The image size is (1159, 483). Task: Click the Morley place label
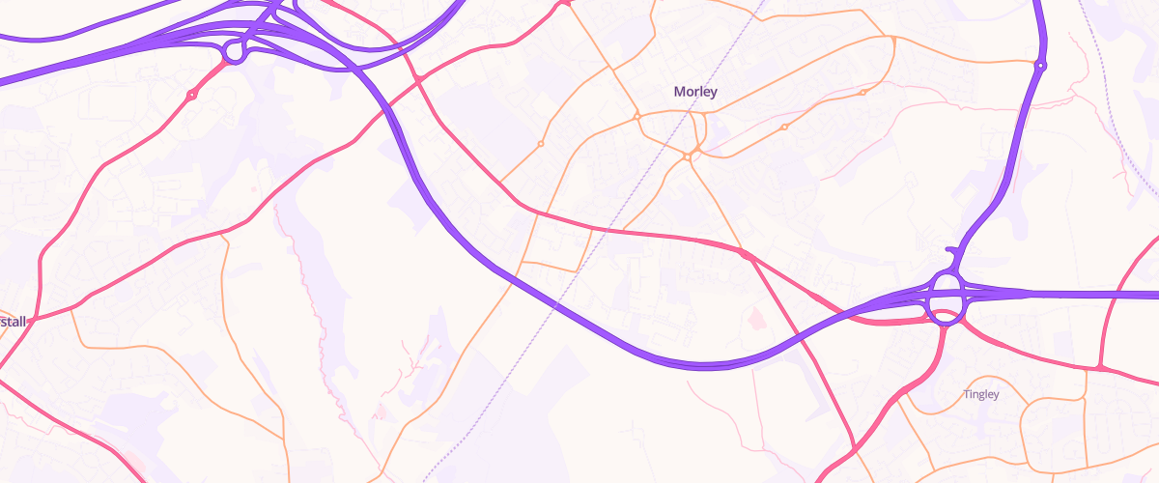tap(695, 92)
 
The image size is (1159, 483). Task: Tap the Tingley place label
tap(981, 394)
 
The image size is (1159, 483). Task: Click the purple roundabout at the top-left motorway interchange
tap(234, 50)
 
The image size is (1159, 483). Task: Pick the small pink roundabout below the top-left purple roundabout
tap(192, 94)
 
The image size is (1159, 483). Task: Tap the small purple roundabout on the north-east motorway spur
tap(1039, 66)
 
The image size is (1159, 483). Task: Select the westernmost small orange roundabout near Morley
tap(541, 144)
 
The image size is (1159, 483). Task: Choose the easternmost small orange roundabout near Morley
tap(862, 93)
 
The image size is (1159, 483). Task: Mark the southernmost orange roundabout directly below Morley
tap(687, 156)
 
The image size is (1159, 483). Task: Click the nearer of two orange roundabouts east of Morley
tap(784, 127)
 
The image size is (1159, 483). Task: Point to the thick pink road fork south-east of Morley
tap(745, 254)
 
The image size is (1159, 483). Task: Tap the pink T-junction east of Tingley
tap(1100, 368)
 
